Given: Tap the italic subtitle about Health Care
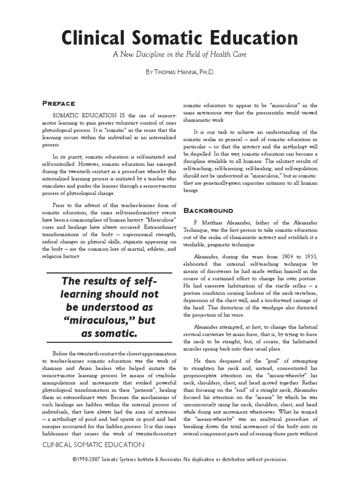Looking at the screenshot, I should click(180, 55).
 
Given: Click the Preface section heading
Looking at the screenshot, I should click(59, 104).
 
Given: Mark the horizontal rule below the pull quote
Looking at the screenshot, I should click(110, 346).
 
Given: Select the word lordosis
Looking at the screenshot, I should click(256, 293).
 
